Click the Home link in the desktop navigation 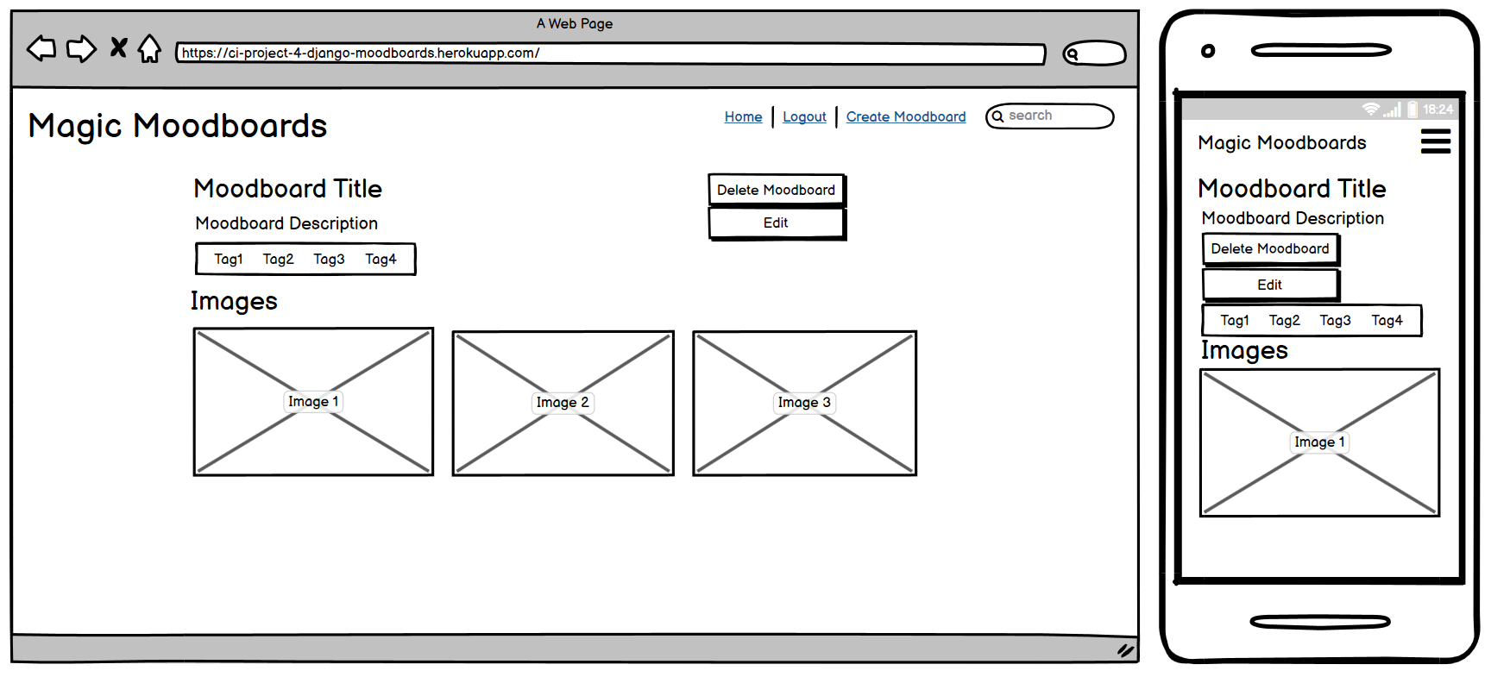pos(743,116)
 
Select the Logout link pos(804,116)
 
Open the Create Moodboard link pos(906,116)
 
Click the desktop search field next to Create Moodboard pos(1050,116)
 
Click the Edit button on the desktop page pos(777,223)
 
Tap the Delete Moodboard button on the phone pos(1270,249)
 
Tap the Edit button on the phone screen pos(1270,285)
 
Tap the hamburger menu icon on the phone pos(1436,141)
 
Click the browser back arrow pos(41,49)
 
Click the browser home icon pos(149,49)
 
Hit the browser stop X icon pos(118,47)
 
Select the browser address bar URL pos(361,53)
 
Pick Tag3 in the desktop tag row pos(329,260)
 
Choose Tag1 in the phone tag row pos(1235,321)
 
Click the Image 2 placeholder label pos(563,403)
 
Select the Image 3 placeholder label pos(804,403)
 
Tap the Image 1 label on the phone pos(1319,442)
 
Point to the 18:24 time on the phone pos(1438,110)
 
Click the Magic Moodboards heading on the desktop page pos(178,127)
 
